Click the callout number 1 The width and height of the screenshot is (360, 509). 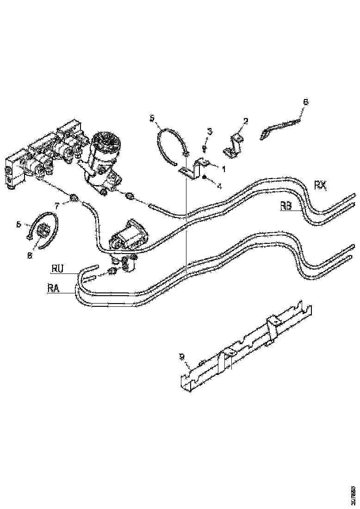point(223,170)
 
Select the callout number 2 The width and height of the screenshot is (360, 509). point(246,121)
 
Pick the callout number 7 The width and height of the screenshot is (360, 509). point(57,204)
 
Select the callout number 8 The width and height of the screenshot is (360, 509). point(30,255)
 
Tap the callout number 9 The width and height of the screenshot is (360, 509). point(182,356)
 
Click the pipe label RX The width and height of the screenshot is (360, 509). point(320,186)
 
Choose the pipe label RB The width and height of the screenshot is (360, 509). point(286,206)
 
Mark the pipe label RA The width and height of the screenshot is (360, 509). point(54,289)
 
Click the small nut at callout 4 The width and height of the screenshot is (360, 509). point(204,177)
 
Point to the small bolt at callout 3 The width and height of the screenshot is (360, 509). point(204,148)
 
